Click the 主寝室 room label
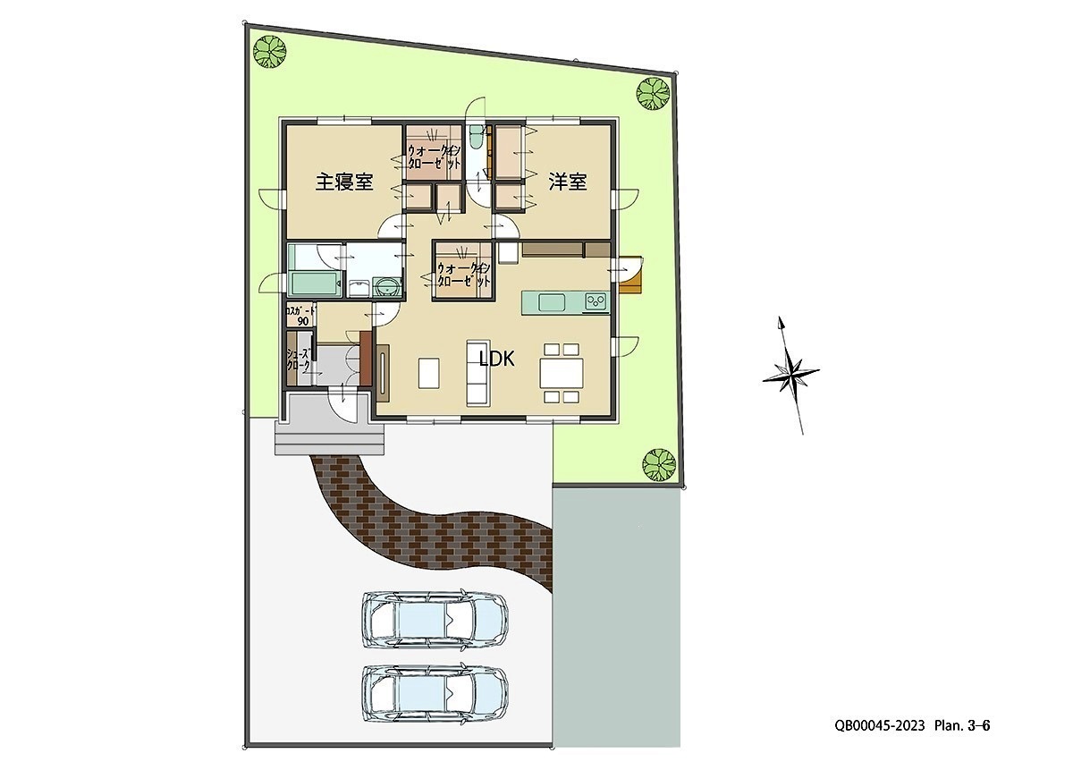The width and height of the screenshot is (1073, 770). (x=344, y=182)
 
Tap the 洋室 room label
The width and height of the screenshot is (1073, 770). (x=568, y=182)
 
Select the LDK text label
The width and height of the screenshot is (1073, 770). (x=497, y=359)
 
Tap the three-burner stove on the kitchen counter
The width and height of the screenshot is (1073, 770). (x=596, y=301)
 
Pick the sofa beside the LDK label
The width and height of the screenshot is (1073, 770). (x=476, y=371)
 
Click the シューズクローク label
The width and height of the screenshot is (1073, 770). (x=299, y=360)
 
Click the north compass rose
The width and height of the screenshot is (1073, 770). (x=790, y=375)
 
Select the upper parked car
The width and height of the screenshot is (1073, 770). (x=435, y=618)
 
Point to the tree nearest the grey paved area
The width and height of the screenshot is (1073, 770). (x=658, y=462)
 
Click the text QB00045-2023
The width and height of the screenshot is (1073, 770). (x=881, y=726)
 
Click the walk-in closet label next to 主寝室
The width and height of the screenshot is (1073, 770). (x=434, y=157)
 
